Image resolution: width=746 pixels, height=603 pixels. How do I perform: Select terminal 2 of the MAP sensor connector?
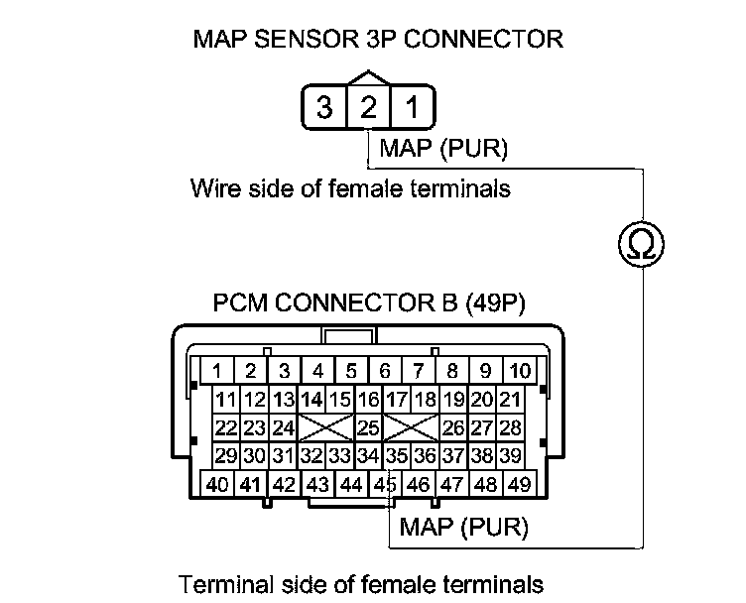coord(368,107)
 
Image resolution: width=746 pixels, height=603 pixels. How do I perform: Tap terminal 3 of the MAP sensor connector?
coord(324,107)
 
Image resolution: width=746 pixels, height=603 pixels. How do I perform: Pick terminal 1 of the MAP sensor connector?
coord(411,107)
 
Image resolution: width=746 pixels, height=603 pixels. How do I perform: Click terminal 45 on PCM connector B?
coord(384,485)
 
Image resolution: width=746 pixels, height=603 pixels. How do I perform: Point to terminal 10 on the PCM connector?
coord(519,372)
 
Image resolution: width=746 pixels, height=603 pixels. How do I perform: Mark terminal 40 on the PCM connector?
coord(216,485)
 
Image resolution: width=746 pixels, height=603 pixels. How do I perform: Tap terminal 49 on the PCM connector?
coord(518,485)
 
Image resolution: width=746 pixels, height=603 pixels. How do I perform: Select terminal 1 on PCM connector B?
coord(216,372)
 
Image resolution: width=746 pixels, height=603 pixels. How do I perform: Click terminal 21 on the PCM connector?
coord(510,401)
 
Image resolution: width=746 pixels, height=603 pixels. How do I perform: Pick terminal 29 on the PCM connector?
coord(226,456)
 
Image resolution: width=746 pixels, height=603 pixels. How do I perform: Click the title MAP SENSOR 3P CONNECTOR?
coord(378,40)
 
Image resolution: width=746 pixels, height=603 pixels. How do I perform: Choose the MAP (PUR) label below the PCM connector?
coord(462,526)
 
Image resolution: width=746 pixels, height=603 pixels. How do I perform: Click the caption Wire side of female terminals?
coord(350,188)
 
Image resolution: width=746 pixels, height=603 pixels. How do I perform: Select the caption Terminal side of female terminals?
coord(361,583)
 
